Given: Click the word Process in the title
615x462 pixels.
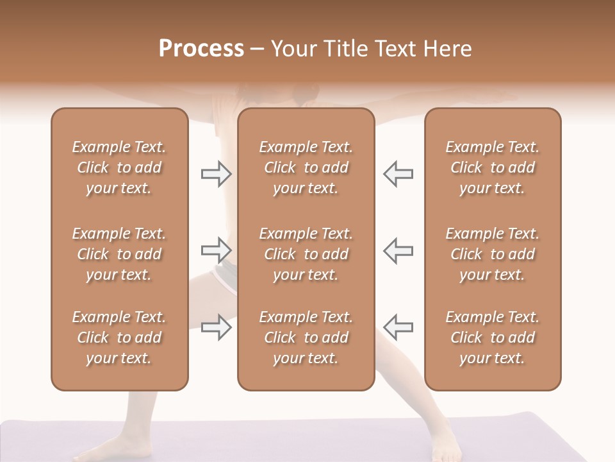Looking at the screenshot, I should click(x=201, y=49).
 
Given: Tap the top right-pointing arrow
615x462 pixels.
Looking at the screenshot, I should click(x=216, y=174).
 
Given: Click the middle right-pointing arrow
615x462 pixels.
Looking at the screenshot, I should click(x=216, y=250).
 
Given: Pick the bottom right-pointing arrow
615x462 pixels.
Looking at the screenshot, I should click(x=216, y=327).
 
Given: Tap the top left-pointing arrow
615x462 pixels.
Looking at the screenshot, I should click(x=398, y=174).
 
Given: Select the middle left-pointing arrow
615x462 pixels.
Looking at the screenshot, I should click(x=398, y=250).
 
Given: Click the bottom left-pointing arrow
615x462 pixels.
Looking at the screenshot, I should click(x=398, y=327).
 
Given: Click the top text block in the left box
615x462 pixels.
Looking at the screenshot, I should click(x=119, y=167).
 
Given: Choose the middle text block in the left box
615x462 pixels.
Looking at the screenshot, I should click(x=119, y=254).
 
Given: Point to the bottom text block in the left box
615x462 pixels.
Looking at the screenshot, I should click(x=119, y=338).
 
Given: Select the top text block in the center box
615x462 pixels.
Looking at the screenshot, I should click(x=306, y=167).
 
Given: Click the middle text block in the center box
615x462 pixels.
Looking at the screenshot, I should click(x=306, y=254).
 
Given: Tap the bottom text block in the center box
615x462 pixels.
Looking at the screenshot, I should click(x=306, y=338).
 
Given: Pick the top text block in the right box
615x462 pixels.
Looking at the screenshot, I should click(x=492, y=167).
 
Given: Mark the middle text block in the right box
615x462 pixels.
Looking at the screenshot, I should click(x=492, y=254).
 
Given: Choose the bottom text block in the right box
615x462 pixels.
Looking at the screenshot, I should click(x=492, y=338).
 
